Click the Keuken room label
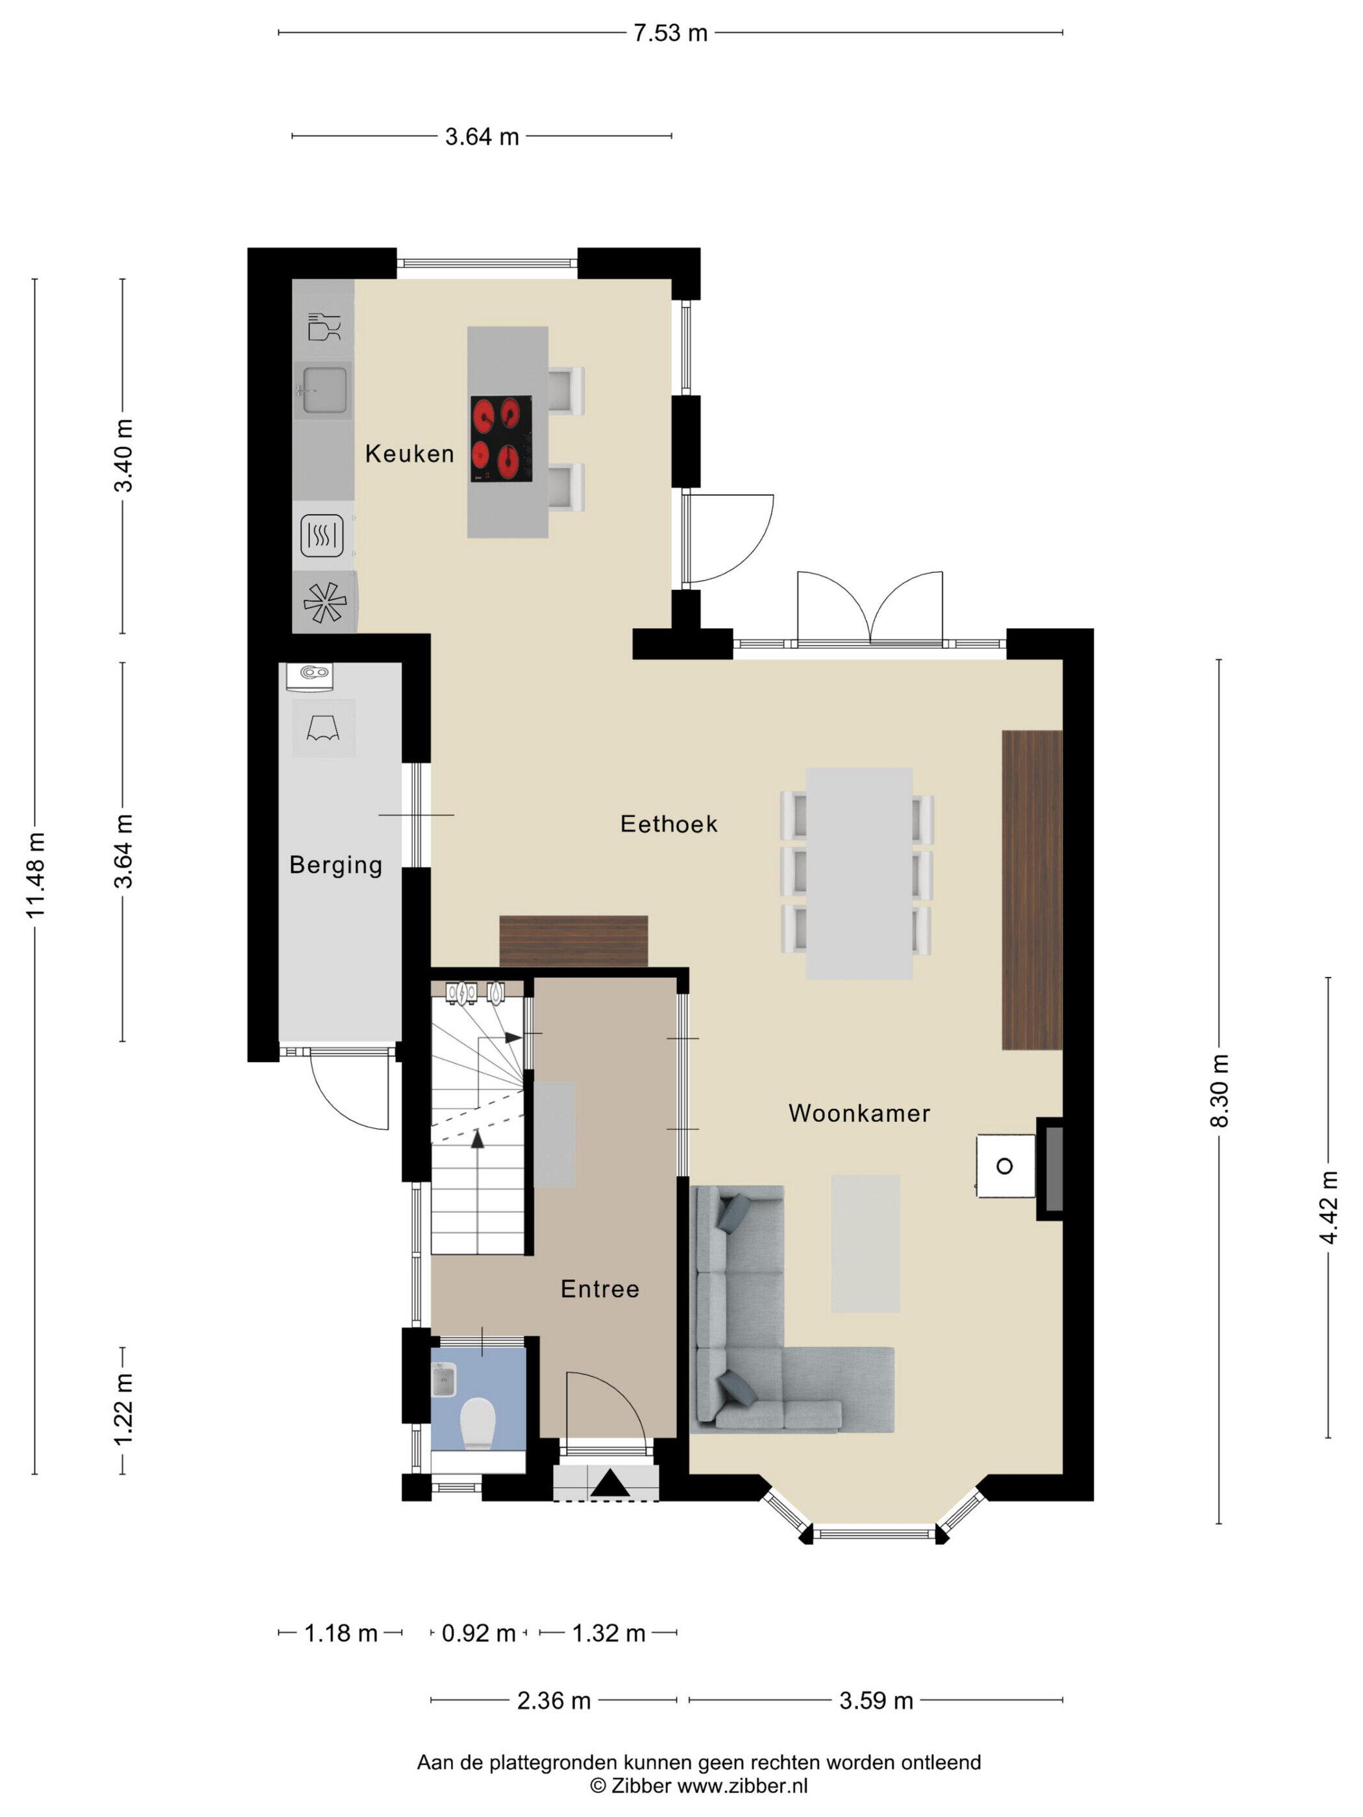click(x=409, y=454)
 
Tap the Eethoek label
click(x=669, y=824)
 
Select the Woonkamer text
click(x=859, y=1113)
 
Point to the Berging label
click(x=336, y=865)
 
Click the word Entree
click(x=600, y=1289)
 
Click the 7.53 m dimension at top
click(x=670, y=33)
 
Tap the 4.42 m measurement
click(x=1329, y=1208)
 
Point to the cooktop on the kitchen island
click(x=501, y=439)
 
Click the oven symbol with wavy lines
click(x=321, y=535)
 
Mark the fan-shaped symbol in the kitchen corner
click(x=325, y=602)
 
